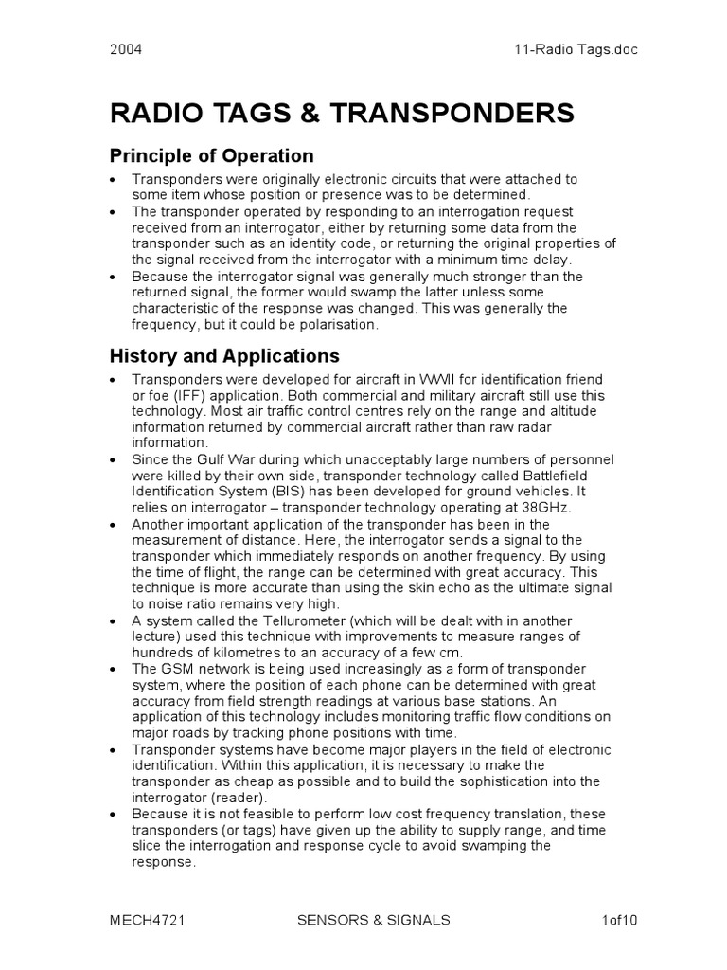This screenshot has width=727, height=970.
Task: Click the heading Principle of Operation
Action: [211, 155]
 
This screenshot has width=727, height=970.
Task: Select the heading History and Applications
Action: [224, 357]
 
